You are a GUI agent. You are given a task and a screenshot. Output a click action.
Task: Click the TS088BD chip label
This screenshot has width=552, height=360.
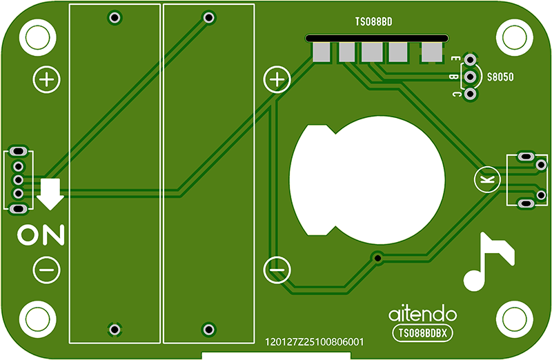click(x=373, y=22)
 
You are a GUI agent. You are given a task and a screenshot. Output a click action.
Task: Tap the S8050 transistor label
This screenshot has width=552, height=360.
click(x=500, y=77)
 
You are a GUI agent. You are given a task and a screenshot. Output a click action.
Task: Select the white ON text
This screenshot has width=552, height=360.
click(x=41, y=234)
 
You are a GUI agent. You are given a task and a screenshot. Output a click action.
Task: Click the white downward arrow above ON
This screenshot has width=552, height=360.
click(x=50, y=194)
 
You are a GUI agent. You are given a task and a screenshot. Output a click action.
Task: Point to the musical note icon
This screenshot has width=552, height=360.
click(x=489, y=261)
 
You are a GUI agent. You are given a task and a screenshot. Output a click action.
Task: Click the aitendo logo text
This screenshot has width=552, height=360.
click(x=422, y=314)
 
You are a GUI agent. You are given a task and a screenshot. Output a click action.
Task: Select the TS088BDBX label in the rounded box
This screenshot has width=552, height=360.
click(x=422, y=333)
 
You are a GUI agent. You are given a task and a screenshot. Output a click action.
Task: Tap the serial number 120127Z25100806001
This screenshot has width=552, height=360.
click(x=314, y=341)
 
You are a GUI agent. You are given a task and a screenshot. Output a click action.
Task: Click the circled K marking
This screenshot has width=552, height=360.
click(x=487, y=179)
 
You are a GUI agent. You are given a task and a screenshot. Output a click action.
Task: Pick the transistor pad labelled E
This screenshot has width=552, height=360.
click(x=470, y=59)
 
